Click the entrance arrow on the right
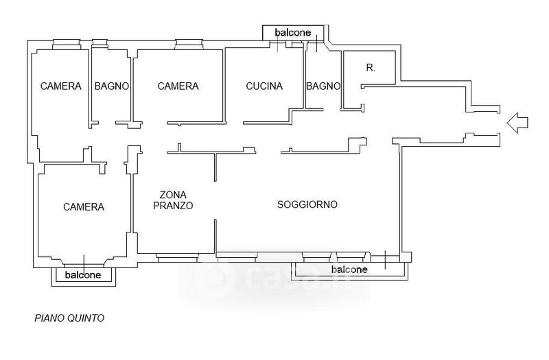tap(518, 122)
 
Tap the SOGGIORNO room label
tap(307, 204)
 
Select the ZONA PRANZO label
tap(173, 200)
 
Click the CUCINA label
tap(264, 86)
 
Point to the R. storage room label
tap(371, 68)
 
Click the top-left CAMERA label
tap(61, 86)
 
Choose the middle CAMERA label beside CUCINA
tap(178, 86)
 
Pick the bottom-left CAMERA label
tap(84, 206)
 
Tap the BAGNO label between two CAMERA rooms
tap(113, 86)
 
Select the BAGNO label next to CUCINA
tap(323, 86)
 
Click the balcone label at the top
tap(293, 32)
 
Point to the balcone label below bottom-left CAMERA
tap(83, 276)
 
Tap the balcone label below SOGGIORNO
tap(349, 269)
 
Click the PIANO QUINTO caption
tap(70, 318)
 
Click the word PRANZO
tap(173, 206)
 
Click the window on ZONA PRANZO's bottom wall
tap(177, 257)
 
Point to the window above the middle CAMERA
tap(188, 45)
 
